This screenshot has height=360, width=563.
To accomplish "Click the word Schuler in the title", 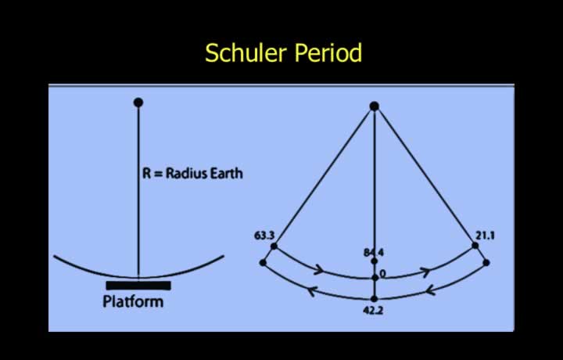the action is (x=246, y=52).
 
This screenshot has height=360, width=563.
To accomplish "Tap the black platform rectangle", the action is (x=138, y=286).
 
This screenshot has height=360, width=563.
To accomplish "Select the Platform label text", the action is (x=133, y=301).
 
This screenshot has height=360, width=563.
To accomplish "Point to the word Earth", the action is (x=226, y=173).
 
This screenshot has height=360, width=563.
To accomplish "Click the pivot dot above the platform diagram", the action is (x=138, y=103).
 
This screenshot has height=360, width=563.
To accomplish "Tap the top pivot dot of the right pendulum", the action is (x=374, y=106).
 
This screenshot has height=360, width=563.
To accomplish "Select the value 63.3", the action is (x=264, y=236).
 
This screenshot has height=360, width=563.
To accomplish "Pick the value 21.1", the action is (x=485, y=236).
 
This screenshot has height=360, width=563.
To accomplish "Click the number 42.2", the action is (x=373, y=311).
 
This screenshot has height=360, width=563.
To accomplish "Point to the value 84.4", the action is (x=374, y=253).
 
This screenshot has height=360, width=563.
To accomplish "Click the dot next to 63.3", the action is (x=274, y=246).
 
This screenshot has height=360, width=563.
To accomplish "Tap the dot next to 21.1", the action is (x=475, y=246).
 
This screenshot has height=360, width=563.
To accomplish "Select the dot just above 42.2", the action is (x=374, y=299).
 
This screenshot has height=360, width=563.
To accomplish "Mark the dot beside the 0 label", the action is (x=375, y=278).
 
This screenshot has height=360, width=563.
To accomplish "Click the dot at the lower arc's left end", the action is (x=263, y=263).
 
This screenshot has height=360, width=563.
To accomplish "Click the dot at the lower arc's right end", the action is (x=486, y=263).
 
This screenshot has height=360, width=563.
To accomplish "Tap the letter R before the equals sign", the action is (x=147, y=173).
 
